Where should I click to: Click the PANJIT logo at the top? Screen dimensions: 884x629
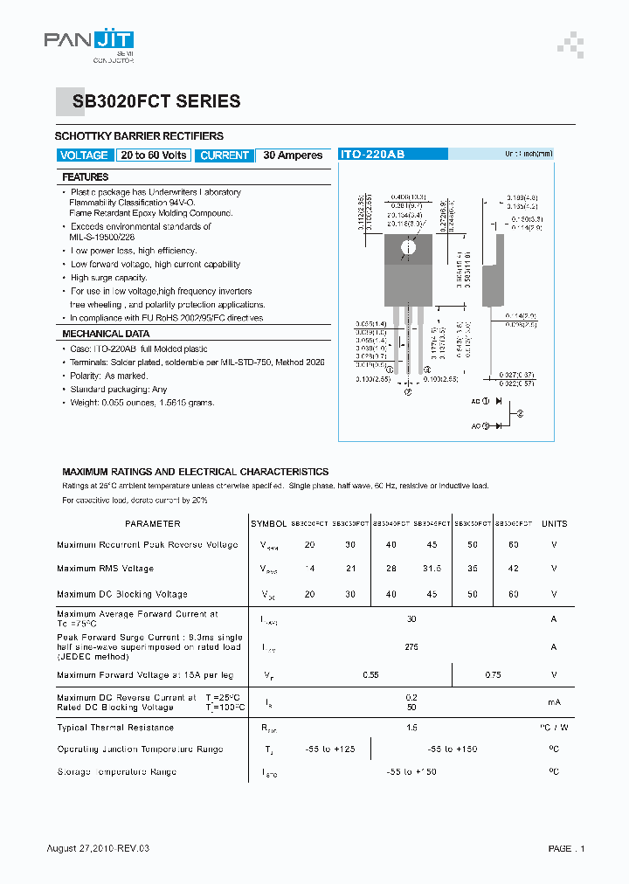88,40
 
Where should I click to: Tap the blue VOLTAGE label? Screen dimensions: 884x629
84,155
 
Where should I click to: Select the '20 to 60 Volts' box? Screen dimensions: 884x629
154,155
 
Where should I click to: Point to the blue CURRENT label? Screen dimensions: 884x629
224,155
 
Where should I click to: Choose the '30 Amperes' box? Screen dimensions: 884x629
293,155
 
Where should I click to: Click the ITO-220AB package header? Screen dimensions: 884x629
372,154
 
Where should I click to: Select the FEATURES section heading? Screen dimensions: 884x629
86,176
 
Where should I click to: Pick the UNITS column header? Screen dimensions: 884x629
554,524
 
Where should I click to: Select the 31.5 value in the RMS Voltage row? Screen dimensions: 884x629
432,569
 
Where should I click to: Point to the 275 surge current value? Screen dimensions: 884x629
411,647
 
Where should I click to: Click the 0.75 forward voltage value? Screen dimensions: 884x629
493,675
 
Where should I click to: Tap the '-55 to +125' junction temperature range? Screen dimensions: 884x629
330,749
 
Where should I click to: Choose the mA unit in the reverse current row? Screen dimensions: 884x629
554,702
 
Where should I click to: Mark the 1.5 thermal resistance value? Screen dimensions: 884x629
411,728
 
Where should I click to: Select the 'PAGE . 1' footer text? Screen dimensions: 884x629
566,849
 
